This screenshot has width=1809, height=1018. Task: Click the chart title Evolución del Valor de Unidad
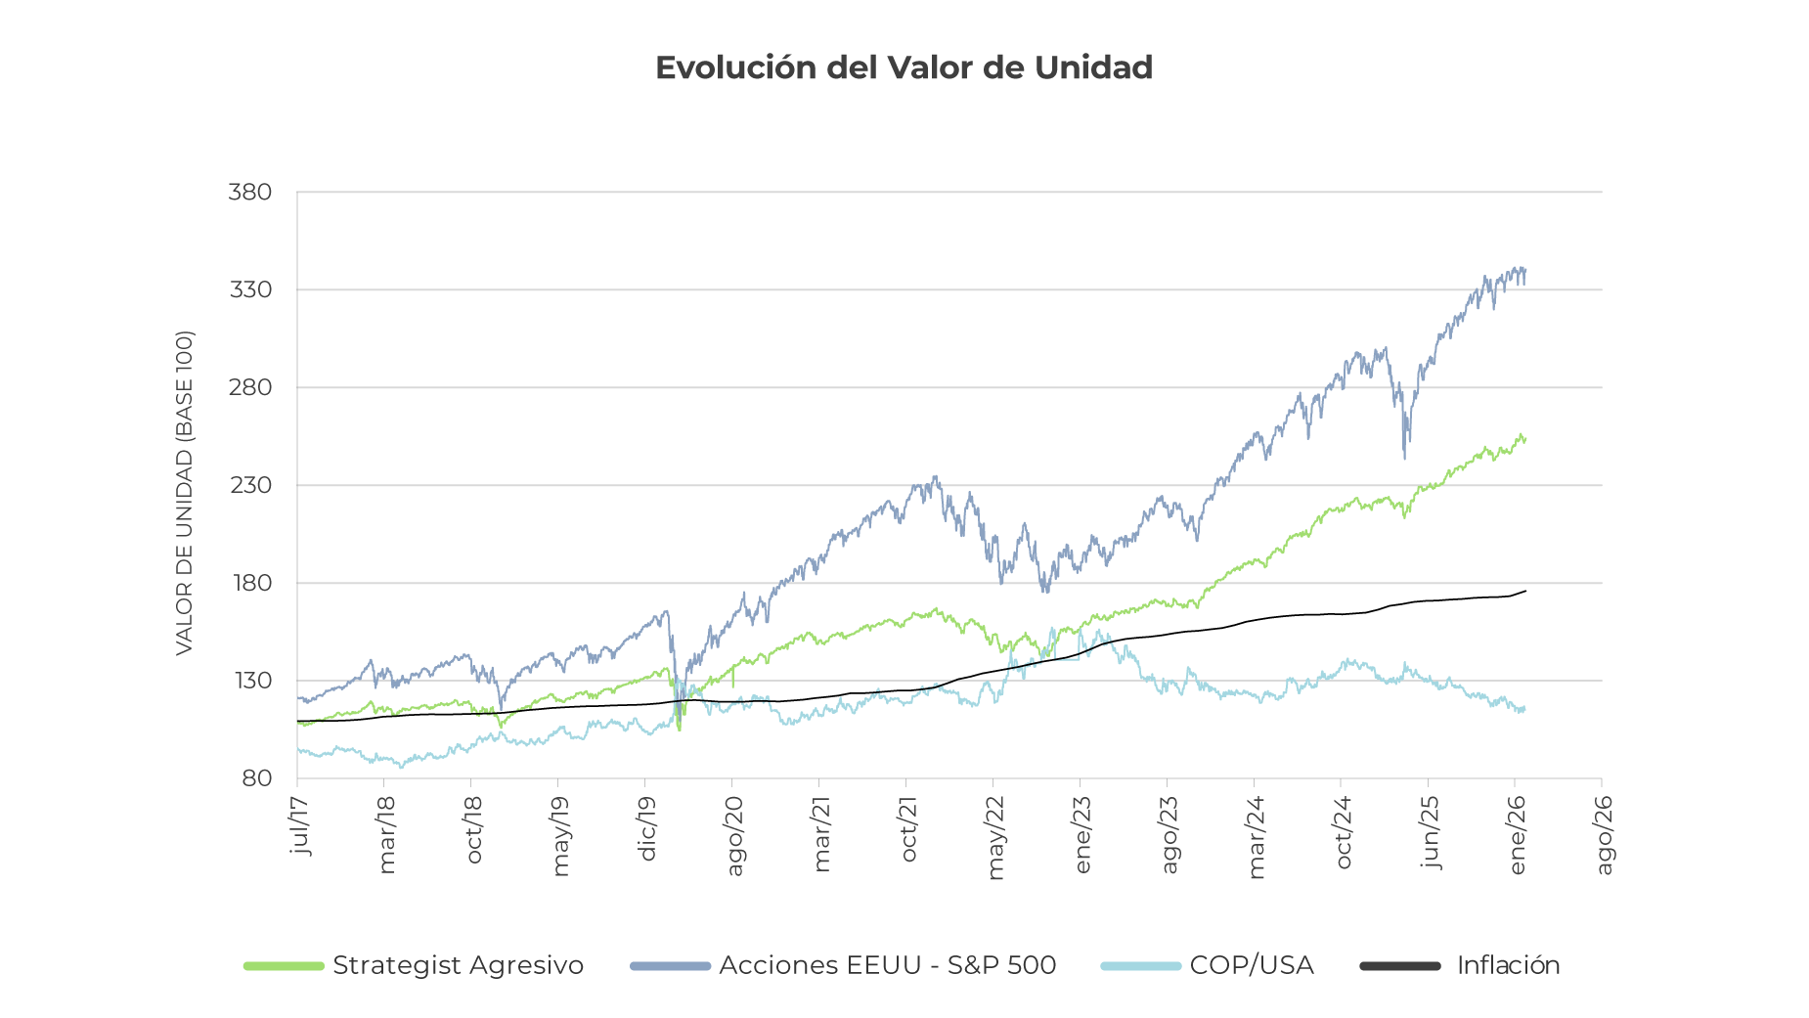point(904,67)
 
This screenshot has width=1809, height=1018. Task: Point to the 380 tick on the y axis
point(249,192)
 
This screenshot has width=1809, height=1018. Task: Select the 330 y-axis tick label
point(249,289)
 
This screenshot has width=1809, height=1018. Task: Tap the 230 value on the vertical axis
point(249,485)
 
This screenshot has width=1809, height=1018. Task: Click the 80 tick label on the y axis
point(256,778)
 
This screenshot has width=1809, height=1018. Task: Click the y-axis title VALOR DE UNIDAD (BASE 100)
point(184,493)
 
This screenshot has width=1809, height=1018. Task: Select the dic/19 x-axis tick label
point(646,828)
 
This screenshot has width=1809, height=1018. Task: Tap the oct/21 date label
point(908,829)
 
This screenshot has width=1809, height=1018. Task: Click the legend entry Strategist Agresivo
point(458,965)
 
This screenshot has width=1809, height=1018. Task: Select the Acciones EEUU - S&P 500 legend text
point(887,965)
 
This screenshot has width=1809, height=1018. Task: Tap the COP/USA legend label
point(1251,965)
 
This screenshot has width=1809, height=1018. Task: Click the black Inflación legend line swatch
point(1400,966)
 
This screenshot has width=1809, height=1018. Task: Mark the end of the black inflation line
point(1525,591)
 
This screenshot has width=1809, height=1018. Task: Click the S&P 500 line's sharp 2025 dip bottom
point(1405,458)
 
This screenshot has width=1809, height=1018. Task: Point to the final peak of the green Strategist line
point(1522,435)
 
